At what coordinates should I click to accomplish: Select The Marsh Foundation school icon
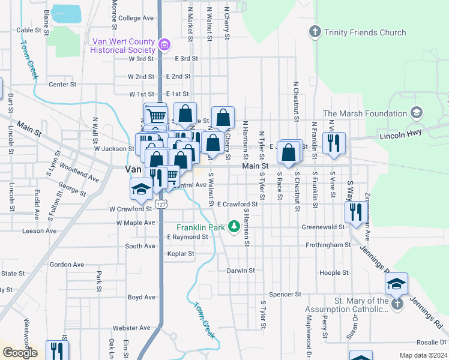415,113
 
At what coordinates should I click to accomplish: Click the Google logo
20,353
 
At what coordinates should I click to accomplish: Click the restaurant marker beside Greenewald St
356,212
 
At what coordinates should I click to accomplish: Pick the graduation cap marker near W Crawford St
142,188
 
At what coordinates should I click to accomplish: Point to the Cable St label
28,30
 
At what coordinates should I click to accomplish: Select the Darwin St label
241,271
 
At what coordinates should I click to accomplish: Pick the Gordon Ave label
67,265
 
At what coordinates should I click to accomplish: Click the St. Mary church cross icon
396,305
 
